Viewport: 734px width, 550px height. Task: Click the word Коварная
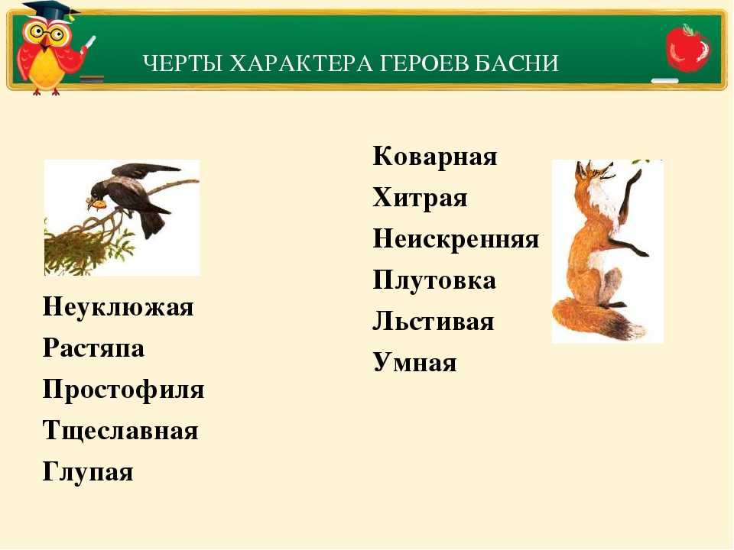(x=435, y=156)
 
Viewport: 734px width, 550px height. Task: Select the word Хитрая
(x=420, y=199)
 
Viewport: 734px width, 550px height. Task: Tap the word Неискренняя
(x=456, y=238)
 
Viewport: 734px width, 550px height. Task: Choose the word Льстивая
(x=434, y=322)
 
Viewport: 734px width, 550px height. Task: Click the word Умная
(x=414, y=362)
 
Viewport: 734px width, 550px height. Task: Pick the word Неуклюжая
(x=118, y=308)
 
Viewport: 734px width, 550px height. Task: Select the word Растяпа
(x=93, y=349)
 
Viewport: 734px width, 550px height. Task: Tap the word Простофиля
(x=124, y=390)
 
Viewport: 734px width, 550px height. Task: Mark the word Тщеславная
(x=120, y=430)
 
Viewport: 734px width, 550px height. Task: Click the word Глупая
(x=88, y=471)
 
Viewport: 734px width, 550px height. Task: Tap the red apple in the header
(x=688, y=48)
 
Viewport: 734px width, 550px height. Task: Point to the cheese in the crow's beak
(x=97, y=204)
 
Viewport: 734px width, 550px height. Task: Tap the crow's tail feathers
(x=154, y=224)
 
